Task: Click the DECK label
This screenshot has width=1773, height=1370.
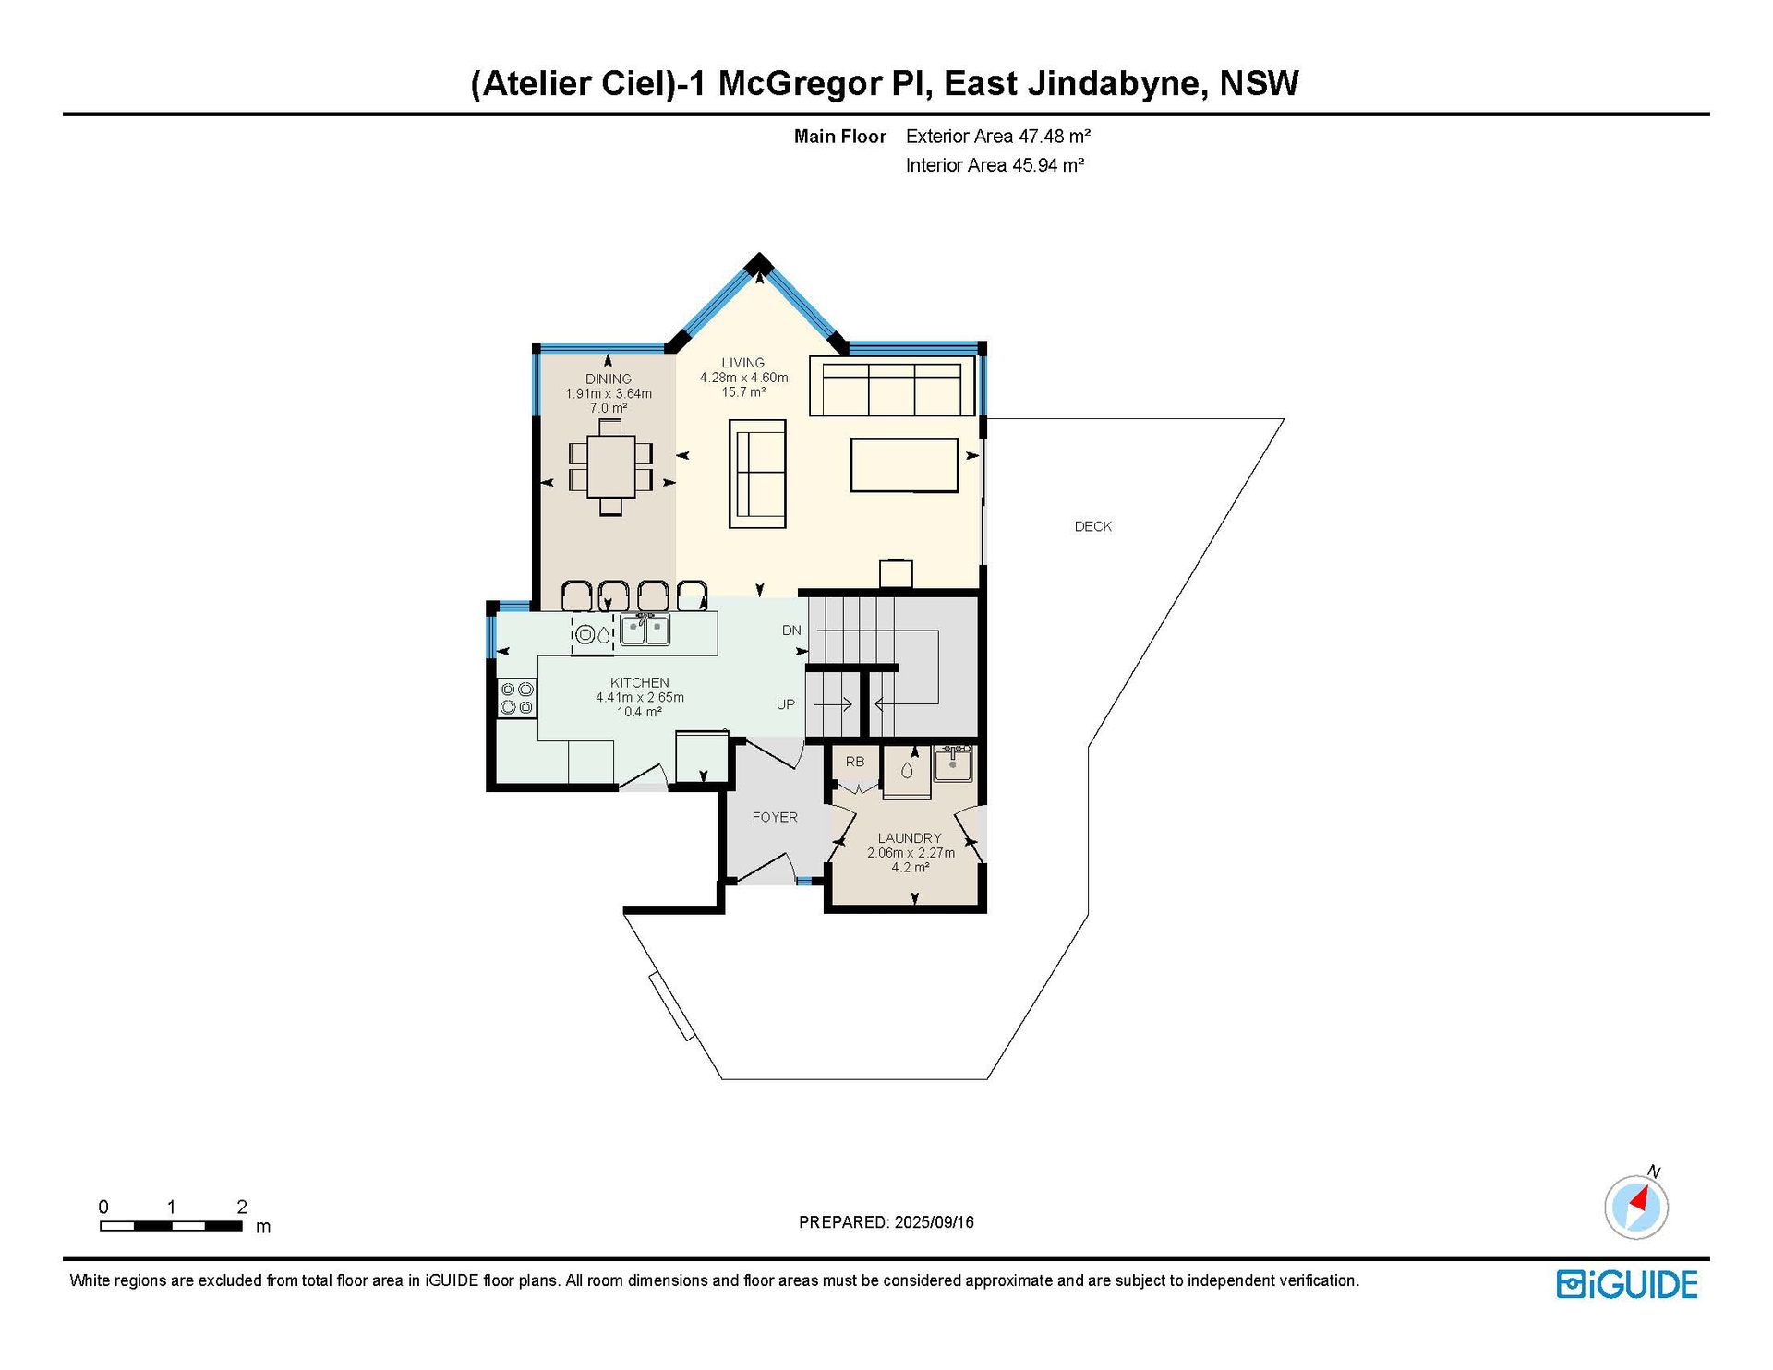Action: (1092, 526)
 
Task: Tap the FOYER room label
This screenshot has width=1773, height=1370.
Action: (774, 817)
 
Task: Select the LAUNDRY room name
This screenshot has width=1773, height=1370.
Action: (910, 838)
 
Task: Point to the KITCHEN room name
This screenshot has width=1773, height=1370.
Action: (639, 683)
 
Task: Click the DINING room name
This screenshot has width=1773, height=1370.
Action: (609, 379)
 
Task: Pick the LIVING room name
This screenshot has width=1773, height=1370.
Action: (743, 363)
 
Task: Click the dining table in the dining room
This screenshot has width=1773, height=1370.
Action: (610, 467)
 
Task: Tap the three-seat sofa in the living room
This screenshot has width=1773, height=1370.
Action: (892, 386)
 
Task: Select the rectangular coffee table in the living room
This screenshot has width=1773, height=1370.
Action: (904, 465)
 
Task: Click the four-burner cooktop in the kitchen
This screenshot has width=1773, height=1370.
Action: (516, 698)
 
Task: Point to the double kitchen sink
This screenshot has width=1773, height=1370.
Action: (645, 629)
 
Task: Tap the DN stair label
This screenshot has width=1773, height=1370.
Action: (791, 631)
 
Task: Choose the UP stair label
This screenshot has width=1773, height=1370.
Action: (786, 704)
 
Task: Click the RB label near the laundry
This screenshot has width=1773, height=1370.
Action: (855, 762)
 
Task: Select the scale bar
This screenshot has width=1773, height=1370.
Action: (172, 1226)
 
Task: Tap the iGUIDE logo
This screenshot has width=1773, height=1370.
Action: (1627, 1285)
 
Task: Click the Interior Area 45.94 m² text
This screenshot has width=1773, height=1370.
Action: (995, 165)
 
